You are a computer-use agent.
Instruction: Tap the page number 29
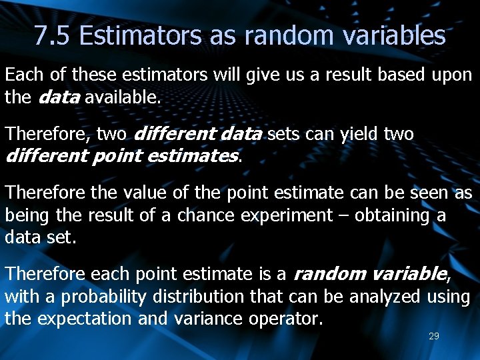click(433, 336)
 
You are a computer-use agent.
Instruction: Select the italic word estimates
click(198, 156)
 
